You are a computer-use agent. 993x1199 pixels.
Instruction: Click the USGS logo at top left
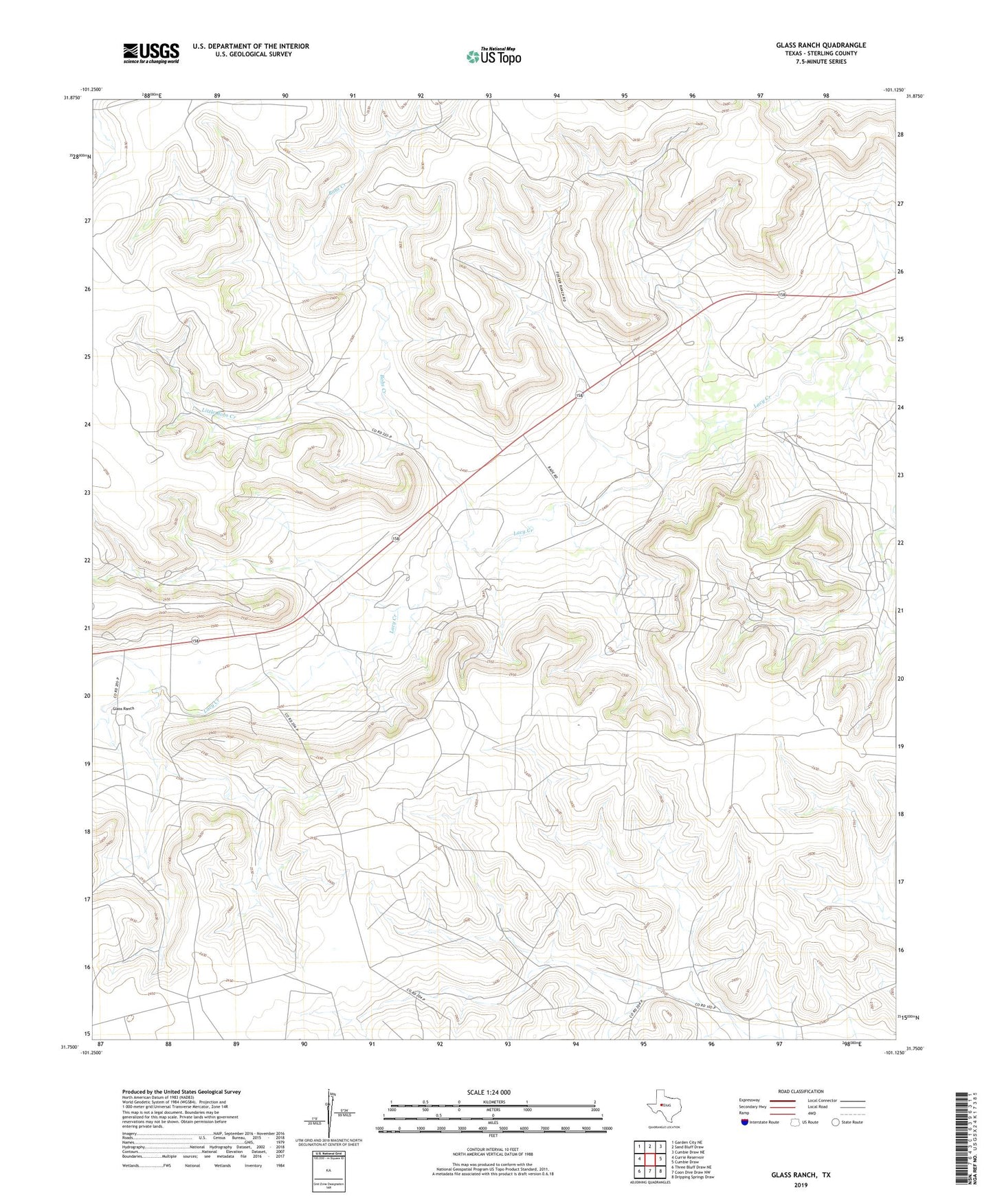(x=150, y=53)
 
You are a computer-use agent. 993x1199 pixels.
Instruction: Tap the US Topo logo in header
(x=493, y=56)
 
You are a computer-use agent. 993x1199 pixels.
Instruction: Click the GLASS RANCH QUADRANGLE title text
(x=821, y=45)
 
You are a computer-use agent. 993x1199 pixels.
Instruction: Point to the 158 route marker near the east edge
(x=782, y=295)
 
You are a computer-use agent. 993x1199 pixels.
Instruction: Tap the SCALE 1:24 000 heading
(x=489, y=1092)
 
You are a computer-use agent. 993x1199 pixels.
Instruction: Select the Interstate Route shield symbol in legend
(x=745, y=1122)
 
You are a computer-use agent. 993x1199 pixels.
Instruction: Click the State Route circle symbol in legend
(x=836, y=1122)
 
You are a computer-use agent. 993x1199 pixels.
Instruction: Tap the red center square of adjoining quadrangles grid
(x=649, y=1158)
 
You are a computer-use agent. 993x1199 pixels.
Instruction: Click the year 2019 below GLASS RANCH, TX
(x=800, y=1185)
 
